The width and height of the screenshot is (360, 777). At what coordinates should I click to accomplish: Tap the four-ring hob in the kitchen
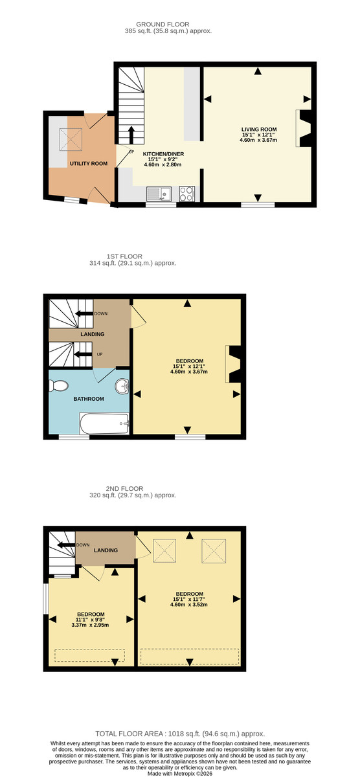click(x=186, y=194)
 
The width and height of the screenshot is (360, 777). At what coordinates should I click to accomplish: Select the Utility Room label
click(x=89, y=163)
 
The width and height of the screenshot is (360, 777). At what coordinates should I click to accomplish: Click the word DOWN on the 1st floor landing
click(x=100, y=313)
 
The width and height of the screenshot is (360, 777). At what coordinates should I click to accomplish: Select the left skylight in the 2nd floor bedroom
click(x=166, y=552)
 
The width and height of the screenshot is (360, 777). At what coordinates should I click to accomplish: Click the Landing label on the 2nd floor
click(x=106, y=550)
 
